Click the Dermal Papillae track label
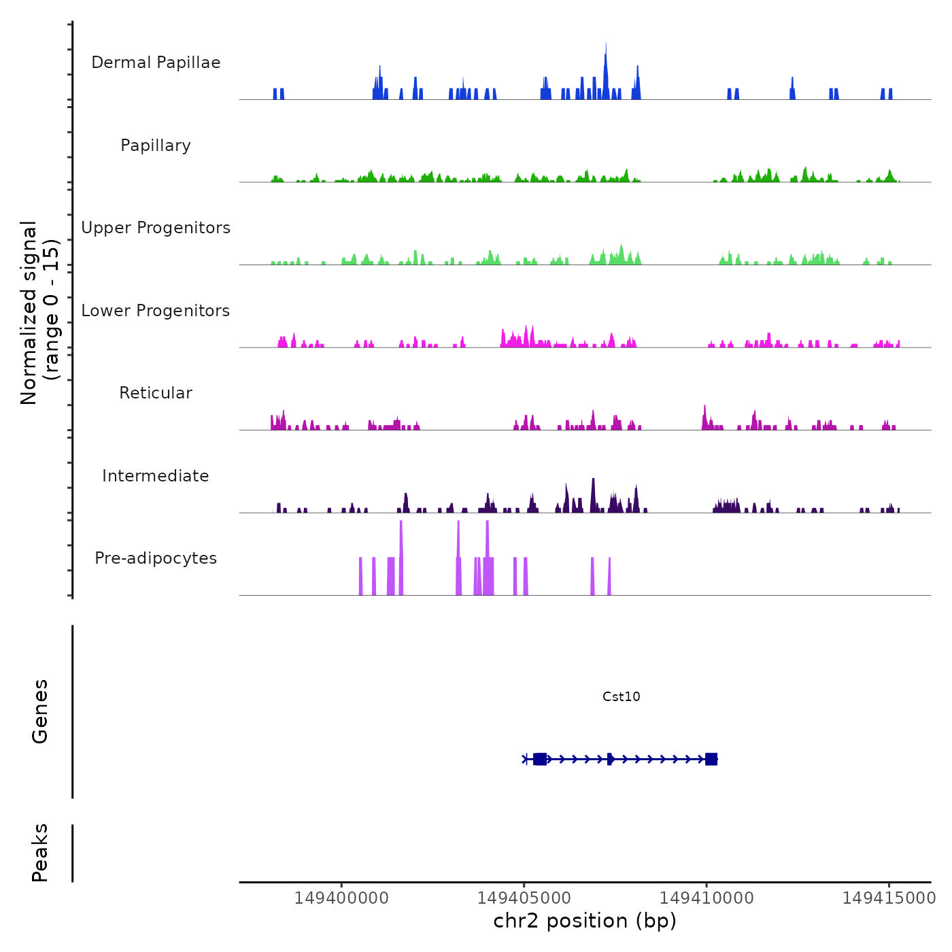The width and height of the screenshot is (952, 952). pyautogui.click(x=156, y=63)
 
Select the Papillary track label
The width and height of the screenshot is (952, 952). pyautogui.click(x=156, y=146)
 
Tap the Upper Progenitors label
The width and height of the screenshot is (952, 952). pyautogui.click(x=156, y=228)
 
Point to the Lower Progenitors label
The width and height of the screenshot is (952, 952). pyautogui.click(x=156, y=311)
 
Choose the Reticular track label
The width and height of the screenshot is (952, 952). pyautogui.click(x=156, y=393)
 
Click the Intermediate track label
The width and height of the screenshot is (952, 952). pyautogui.click(x=156, y=476)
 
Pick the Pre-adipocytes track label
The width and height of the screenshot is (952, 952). pyautogui.click(x=156, y=558)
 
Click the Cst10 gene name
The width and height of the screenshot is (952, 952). pyautogui.click(x=621, y=696)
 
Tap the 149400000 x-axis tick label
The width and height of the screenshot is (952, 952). pyautogui.click(x=341, y=898)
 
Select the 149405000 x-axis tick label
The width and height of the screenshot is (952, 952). pyautogui.click(x=524, y=898)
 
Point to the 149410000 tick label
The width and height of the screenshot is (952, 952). pyautogui.click(x=707, y=898)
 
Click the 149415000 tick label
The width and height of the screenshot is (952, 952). pyautogui.click(x=889, y=898)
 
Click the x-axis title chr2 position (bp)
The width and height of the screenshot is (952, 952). pyautogui.click(x=585, y=921)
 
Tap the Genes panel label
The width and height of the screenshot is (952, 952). pyautogui.click(x=40, y=711)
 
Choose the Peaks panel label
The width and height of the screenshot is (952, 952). pyautogui.click(x=40, y=853)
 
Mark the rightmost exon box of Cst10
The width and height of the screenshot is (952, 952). pyautogui.click(x=711, y=759)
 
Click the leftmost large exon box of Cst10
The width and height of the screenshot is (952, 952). pyautogui.click(x=540, y=759)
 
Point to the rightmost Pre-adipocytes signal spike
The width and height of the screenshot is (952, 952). pyautogui.click(x=609, y=577)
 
